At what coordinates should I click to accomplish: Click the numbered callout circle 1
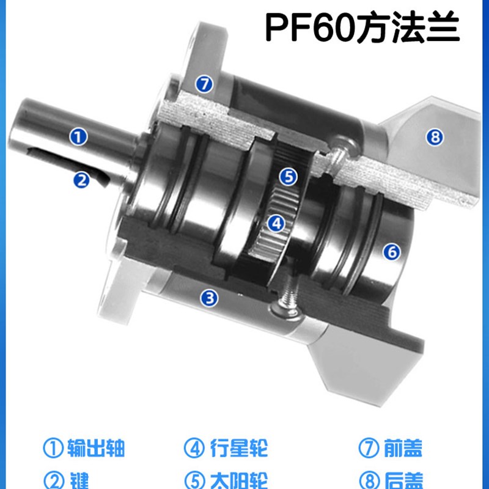pos(78,136)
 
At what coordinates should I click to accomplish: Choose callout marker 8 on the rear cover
pos(435,138)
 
